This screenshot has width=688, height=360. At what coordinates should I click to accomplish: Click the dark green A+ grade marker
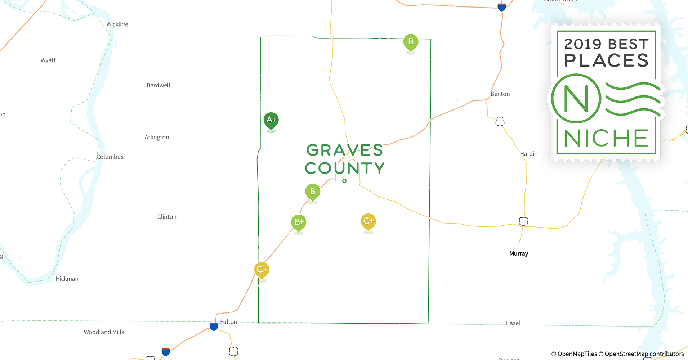tap(271, 120)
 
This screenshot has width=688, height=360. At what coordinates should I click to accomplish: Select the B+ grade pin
tap(299, 222)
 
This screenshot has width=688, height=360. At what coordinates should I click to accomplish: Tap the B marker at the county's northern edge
tap(411, 42)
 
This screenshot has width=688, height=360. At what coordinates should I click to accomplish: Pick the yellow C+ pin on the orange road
tap(262, 270)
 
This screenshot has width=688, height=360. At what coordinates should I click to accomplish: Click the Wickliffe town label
tap(117, 24)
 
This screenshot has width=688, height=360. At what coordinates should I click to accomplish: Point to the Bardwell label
tap(158, 85)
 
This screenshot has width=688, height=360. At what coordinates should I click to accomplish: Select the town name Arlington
tap(157, 137)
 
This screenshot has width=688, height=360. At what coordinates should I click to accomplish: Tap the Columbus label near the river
tap(110, 157)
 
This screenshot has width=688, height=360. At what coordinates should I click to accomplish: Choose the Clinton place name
tap(167, 217)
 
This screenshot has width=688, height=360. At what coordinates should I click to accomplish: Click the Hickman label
tap(67, 279)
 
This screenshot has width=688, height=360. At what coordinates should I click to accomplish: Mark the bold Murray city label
tap(519, 253)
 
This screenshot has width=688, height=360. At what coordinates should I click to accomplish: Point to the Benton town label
tap(500, 94)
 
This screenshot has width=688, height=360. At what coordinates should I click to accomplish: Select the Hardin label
tap(528, 154)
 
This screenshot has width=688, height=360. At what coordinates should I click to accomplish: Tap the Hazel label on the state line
tap(513, 323)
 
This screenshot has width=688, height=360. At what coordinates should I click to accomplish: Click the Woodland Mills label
tap(104, 332)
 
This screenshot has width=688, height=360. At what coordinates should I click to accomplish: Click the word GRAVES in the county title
tap(344, 150)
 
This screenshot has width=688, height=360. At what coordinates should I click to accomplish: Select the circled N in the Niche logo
tap(576, 98)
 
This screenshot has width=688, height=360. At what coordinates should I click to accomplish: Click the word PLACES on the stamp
tap(606, 60)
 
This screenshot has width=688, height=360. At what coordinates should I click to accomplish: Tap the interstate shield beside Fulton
tap(214, 327)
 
